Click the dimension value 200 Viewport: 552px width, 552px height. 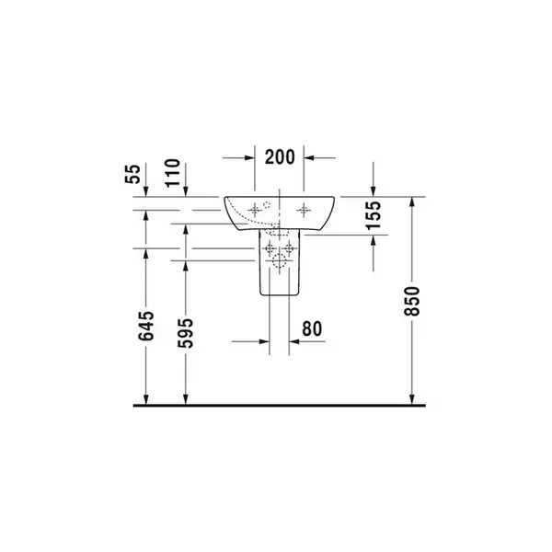point(280,157)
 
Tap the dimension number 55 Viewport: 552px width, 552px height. point(132,174)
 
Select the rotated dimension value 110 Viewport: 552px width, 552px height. point(173,173)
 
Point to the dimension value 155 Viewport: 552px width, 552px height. point(374,215)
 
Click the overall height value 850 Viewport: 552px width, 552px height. point(412,301)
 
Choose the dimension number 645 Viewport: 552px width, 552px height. point(145,326)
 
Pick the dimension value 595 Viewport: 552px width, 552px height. point(186,333)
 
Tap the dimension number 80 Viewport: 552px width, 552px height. point(312,328)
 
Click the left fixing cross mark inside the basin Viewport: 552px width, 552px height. point(255,211)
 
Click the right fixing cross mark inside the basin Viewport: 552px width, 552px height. point(304,211)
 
